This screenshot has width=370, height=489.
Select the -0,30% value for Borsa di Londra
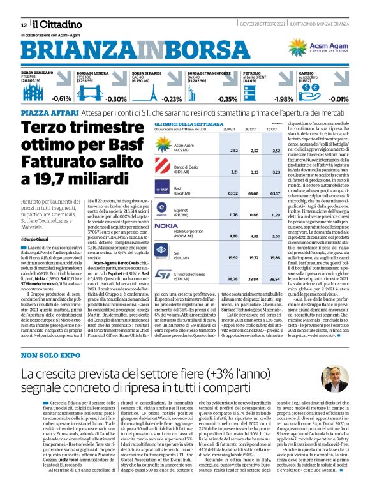pyautogui.click(x=117, y=99)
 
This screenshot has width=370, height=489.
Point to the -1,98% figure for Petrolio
pyautogui.click(x=283, y=99)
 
